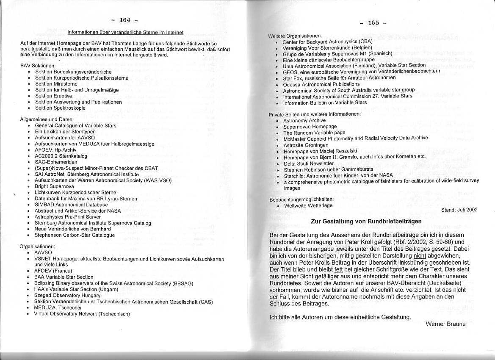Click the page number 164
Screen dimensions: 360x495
pyautogui.click(x=125, y=20)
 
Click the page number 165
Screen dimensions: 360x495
pyautogui.click(x=373, y=22)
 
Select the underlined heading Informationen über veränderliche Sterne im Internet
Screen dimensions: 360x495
pyautogui.click(x=125, y=32)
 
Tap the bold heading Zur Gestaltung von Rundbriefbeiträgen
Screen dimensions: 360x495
pyautogui.click(x=366, y=221)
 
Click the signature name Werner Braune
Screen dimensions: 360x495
pyautogui.click(x=445, y=324)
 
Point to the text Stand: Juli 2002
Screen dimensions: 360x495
pyautogui.click(x=459, y=210)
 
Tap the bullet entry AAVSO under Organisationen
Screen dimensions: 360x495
pyautogui.click(x=43, y=252)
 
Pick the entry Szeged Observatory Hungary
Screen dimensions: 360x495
pyautogui.click(x=67, y=296)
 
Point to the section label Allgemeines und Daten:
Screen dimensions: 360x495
pyautogui.click(x=47, y=119)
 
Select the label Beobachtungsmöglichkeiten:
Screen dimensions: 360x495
pyautogui.click(x=301, y=199)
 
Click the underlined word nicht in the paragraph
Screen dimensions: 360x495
pyautogui.click(x=419, y=256)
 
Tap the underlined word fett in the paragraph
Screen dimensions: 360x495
pyautogui.click(x=338, y=269)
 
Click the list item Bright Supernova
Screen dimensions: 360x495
pyautogui.click(x=54, y=186)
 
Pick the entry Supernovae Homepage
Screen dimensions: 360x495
pyautogui.click(x=310, y=127)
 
